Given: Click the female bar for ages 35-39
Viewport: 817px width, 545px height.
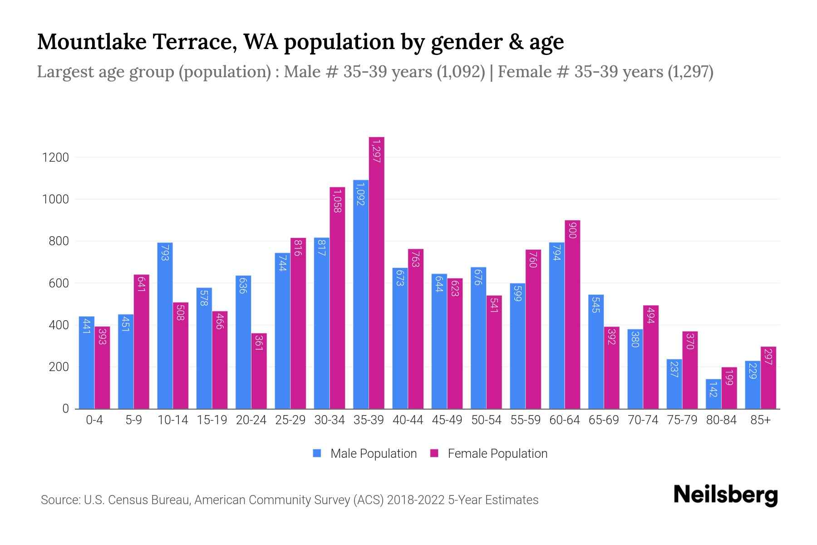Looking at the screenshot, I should coord(376,272).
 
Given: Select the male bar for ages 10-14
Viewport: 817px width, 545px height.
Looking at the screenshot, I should coord(165,326).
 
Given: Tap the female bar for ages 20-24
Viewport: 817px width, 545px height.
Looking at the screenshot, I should coord(259,371).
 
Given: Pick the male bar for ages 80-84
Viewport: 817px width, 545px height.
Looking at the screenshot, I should coord(713,394).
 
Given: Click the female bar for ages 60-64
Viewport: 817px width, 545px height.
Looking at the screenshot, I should coord(572,314).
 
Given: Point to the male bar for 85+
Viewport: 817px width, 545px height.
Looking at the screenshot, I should coord(752,385).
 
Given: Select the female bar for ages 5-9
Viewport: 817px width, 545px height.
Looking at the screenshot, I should coord(141,342).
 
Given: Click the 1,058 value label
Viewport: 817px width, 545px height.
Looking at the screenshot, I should coord(337,201).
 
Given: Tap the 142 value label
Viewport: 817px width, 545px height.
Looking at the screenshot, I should coord(713,389).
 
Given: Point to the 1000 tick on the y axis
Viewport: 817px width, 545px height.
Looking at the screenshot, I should coord(55,199).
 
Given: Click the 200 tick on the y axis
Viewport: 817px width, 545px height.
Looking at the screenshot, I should coord(59,367).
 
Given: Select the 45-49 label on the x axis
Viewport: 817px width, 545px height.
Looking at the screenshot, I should coord(447,420).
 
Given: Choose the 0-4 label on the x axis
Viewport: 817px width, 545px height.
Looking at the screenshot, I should coord(94,420).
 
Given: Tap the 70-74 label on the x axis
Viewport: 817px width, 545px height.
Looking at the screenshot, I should coord(643,420).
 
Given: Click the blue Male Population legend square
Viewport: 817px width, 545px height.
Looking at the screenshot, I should coord(317,453).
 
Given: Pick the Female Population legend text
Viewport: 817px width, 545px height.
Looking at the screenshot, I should coord(497,453).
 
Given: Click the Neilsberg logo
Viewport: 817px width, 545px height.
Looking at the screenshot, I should coord(725,495).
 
